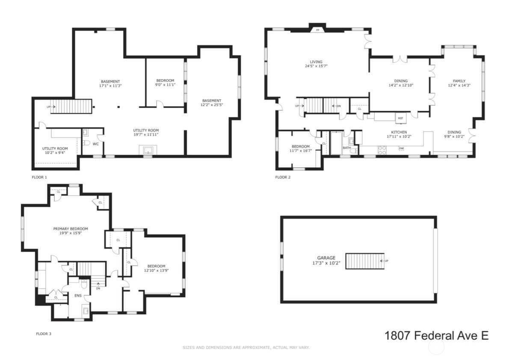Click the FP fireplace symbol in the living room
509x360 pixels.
[x=317, y=30]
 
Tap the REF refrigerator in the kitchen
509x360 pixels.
[x=400, y=118]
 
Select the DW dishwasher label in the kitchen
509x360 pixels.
[x=401, y=149]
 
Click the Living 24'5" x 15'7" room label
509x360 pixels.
[x=314, y=64]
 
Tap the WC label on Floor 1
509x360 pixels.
[x=96, y=144]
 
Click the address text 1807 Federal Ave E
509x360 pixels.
[x=436, y=335]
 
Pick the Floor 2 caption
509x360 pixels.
[x=283, y=177]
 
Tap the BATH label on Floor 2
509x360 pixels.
[x=346, y=148]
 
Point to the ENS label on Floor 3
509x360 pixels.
[x=78, y=295]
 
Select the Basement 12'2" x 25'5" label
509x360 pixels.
[x=211, y=103]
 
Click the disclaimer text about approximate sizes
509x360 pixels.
[x=246, y=347]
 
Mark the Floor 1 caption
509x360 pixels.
[x=39, y=177]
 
